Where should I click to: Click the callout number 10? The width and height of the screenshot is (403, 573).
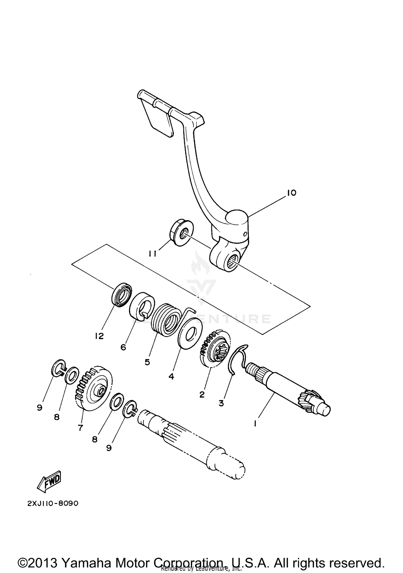coord(291,193)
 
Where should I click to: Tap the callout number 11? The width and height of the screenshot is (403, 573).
coord(153,254)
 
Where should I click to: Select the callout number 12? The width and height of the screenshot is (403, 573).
coord(99,336)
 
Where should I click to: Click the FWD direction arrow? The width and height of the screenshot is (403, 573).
coord(49,481)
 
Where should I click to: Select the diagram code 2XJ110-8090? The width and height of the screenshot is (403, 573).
coord(53,503)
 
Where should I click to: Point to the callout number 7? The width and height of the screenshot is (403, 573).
coord(80,428)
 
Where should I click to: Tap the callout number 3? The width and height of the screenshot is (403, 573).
coord(221,403)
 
